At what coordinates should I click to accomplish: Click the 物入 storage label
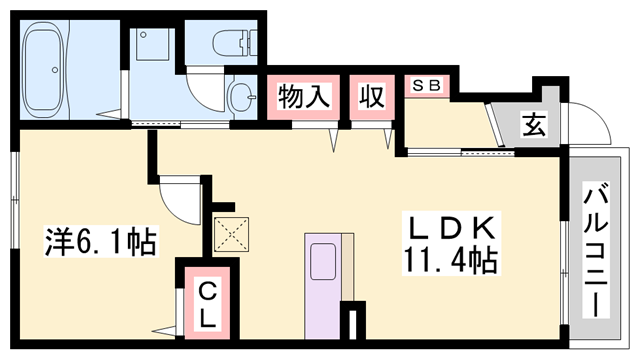(303, 97)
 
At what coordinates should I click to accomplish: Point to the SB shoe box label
(428, 85)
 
